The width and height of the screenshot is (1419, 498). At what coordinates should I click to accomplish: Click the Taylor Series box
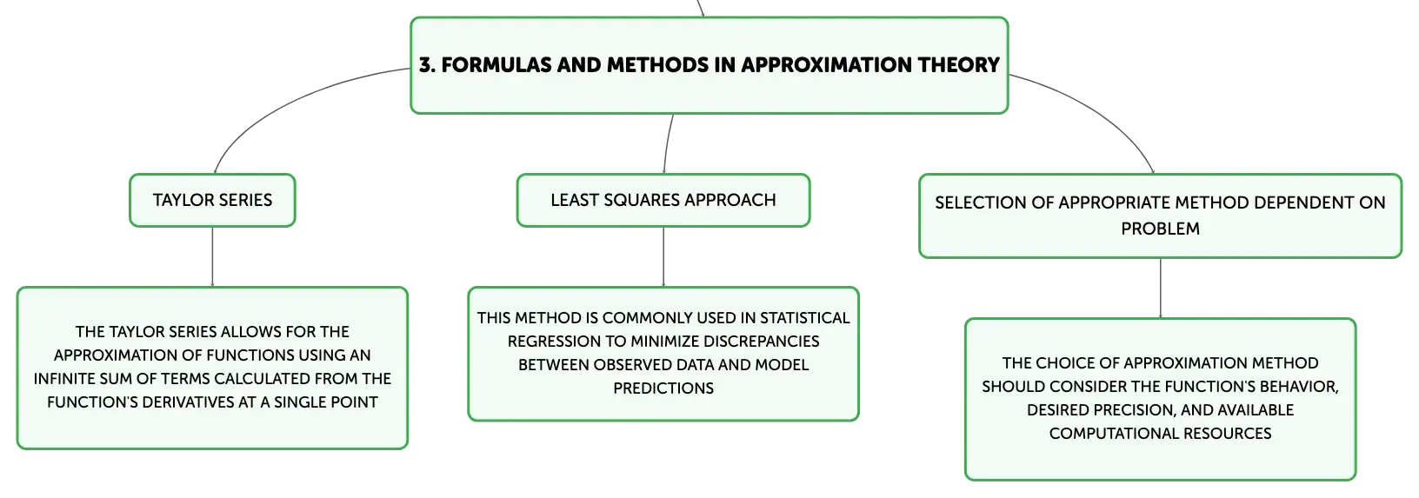pos(212,200)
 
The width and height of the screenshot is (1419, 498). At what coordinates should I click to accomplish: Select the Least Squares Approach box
pos(663,200)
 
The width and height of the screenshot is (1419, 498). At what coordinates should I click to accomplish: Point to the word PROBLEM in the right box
pos(1160,229)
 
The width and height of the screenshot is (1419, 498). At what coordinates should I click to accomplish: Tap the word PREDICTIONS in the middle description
pos(663,388)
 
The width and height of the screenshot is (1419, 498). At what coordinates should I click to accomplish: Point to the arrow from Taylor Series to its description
pos(212,256)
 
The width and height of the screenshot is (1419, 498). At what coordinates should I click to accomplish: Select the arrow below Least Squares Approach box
pos(663,256)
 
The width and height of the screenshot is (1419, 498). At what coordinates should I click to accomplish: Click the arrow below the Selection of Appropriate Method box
pos(1160,289)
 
